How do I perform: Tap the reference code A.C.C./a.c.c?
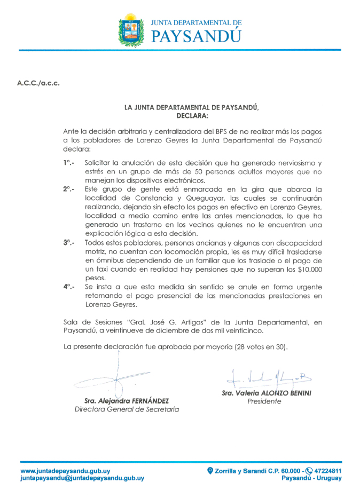point(38,83)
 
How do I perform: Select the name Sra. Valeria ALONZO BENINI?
point(267,393)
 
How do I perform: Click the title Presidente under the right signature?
point(264,401)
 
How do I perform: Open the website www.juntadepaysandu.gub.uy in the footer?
point(66,471)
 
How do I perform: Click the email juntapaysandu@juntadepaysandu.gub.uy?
point(82,478)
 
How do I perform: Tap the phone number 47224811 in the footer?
point(328,471)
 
